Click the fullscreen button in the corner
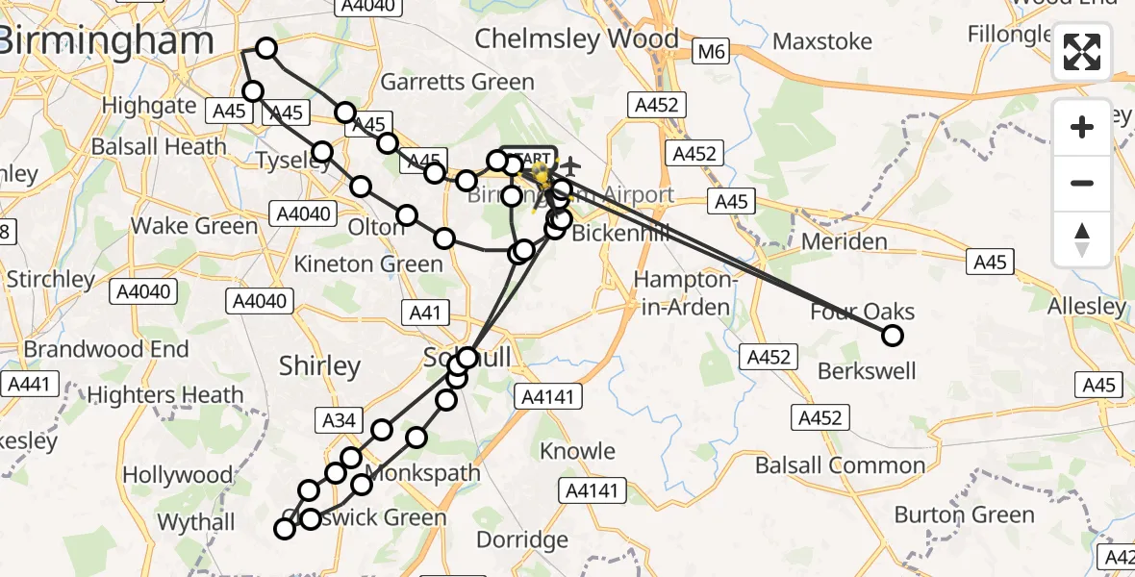click(x=1082, y=52)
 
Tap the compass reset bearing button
click(x=1082, y=238)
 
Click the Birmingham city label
click(x=106, y=41)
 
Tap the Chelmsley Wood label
click(x=576, y=39)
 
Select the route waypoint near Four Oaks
click(x=893, y=336)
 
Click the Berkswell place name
click(x=867, y=370)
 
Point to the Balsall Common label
click(x=840, y=466)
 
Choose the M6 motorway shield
click(x=712, y=52)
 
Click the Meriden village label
click(x=843, y=240)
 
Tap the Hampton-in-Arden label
click(x=685, y=294)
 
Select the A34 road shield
click(x=340, y=418)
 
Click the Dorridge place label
click(x=522, y=539)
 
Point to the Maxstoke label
click(x=822, y=41)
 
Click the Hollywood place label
click(x=178, y=475)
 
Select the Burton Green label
click(x=965, y=514)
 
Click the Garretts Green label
click(x=457, y=82)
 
